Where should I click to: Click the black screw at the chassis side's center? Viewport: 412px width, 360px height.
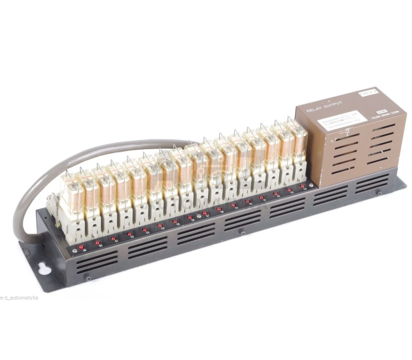(x=242, y=233)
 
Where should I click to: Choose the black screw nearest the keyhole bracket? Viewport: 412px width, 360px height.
(x=88, y=279)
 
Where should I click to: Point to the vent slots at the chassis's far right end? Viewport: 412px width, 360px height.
(x=372, y=183)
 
